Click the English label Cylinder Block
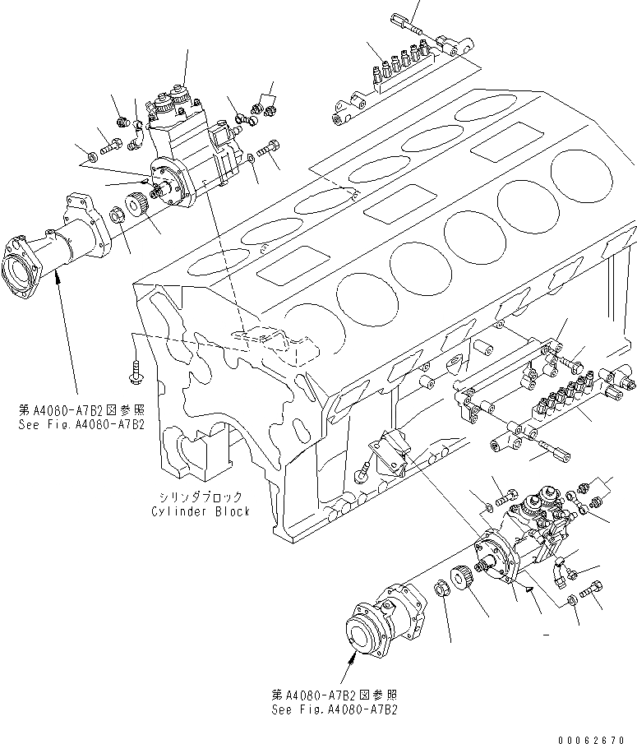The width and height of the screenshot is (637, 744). (201, 511)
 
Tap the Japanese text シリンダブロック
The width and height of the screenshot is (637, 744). (201, 497)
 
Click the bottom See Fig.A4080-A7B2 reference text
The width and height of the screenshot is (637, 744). (336, 709)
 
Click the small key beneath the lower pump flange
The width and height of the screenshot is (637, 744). (528, 588)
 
